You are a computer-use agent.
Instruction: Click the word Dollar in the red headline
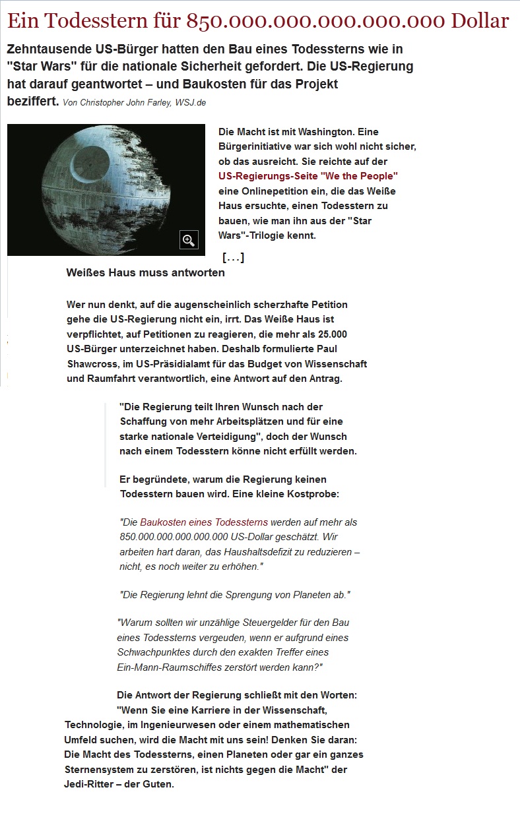click(480, 21)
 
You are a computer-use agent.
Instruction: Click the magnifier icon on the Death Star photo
click(189, 240)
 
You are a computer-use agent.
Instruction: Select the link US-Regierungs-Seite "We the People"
click(308, 176)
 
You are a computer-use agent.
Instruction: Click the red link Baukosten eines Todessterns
click(204, 522)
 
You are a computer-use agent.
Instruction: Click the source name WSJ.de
click(191, 104)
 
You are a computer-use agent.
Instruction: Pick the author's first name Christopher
click(99, 104)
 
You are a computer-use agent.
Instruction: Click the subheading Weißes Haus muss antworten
click(146, 273)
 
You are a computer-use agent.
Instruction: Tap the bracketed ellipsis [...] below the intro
click(234, 257)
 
